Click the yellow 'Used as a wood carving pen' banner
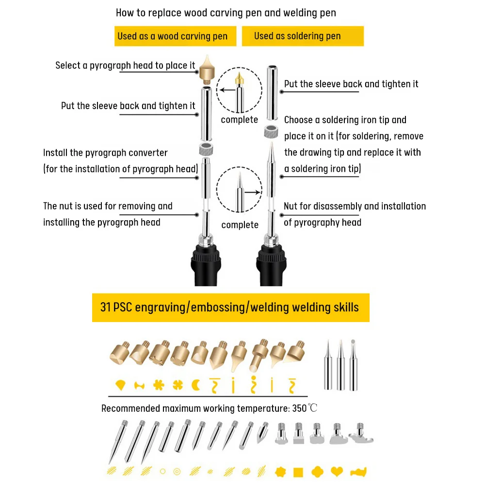coord(176,36)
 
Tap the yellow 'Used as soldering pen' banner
coord(303,36)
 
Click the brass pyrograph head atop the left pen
coord(207,70)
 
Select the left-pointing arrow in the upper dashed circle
coord(227,90)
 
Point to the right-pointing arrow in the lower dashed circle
coord(253,193)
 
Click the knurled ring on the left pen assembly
coord(206,149)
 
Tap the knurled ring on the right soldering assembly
coord(271,132)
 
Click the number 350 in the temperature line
coord(299,408)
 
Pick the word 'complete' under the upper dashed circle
coord(240,120)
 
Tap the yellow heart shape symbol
coord(337,471)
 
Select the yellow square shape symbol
coord(298,472)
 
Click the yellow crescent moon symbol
coord(196,386)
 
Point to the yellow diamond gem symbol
coord(120,385)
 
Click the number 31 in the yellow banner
coord(105,307)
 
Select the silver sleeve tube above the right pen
coord(272,93)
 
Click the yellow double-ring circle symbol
coord(177,471)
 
